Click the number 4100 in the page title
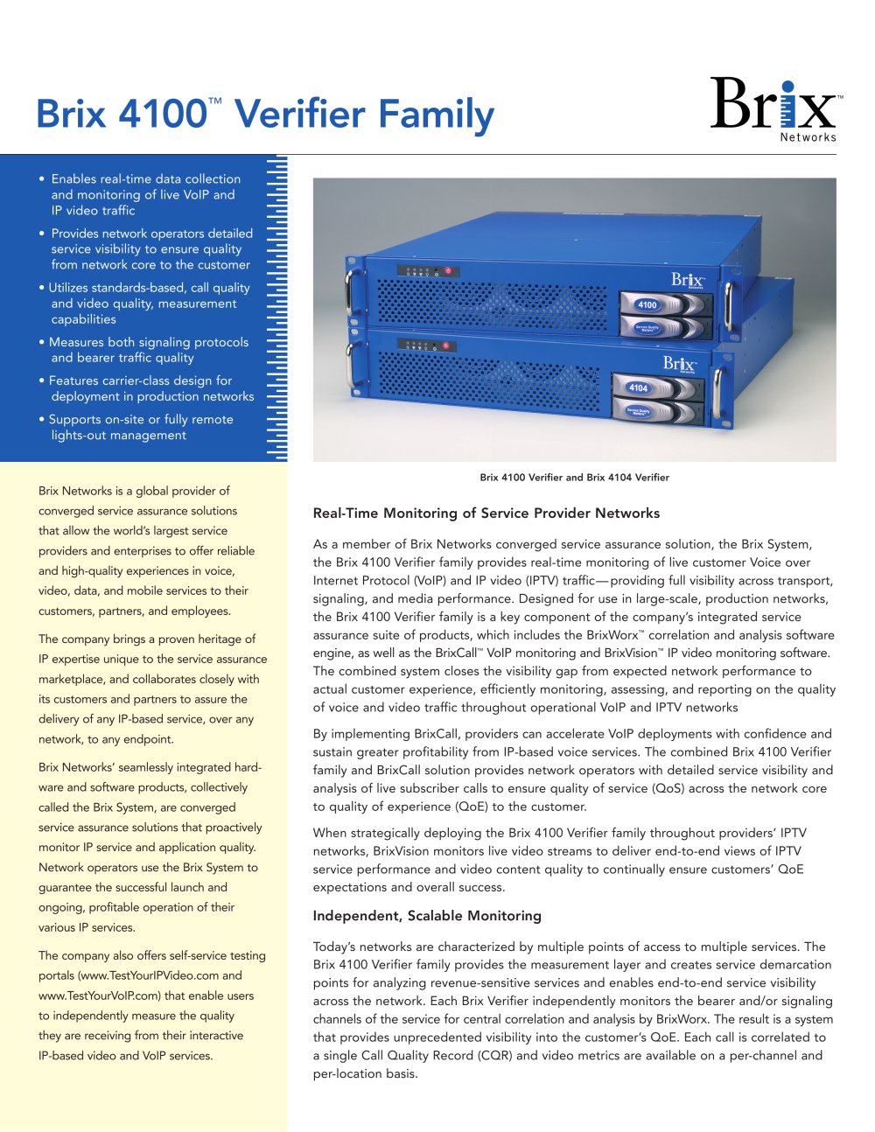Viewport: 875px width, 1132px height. (161, 115)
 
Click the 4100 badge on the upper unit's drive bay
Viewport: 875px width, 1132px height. (647, 304)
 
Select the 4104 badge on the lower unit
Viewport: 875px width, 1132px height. (639, 388)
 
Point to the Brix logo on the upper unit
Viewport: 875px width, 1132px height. (688, 280)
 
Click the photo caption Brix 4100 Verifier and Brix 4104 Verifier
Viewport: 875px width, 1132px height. (574, 478)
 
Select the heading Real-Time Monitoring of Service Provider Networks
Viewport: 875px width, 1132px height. (486, 514)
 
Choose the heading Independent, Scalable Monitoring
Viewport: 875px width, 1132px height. (427, 916)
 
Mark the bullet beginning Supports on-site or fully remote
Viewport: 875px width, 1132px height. (141, 427)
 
